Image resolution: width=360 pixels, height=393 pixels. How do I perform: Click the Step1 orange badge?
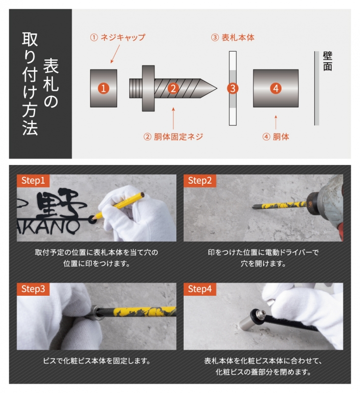33,181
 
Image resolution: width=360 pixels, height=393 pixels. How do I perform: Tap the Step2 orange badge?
200,181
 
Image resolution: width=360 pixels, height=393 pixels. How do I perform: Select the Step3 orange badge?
33,289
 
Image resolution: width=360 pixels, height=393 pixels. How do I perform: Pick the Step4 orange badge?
200,289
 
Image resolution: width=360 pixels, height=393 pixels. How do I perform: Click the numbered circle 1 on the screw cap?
103,88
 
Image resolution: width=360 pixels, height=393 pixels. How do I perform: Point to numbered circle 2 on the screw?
172,88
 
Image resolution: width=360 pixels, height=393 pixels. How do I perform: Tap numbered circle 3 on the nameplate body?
233,88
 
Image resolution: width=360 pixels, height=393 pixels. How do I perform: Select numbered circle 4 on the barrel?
276,88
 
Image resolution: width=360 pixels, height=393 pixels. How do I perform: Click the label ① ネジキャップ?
117,37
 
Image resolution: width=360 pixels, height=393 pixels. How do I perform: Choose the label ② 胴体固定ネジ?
173,137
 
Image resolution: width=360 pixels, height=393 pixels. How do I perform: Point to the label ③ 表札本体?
233,37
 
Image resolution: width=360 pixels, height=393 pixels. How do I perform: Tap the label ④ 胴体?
276,137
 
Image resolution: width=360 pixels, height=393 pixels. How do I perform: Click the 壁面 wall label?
328,61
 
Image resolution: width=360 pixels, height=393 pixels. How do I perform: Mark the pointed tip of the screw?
214,88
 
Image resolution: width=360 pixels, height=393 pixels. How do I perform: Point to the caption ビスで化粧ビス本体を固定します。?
96,361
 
